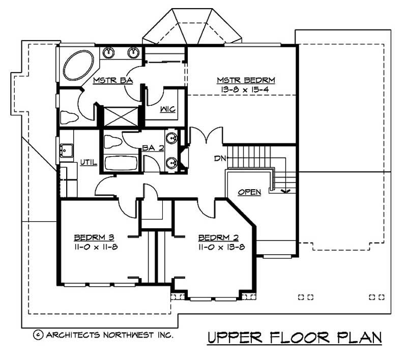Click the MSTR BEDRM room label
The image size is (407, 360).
246,80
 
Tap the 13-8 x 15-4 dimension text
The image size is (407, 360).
246,89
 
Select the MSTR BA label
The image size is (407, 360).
109,80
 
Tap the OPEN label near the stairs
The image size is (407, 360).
249,192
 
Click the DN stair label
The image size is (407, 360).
219,159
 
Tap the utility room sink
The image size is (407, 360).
66,150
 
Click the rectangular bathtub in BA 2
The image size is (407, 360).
120,163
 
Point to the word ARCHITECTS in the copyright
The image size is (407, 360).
72,335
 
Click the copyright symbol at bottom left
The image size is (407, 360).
38,335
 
